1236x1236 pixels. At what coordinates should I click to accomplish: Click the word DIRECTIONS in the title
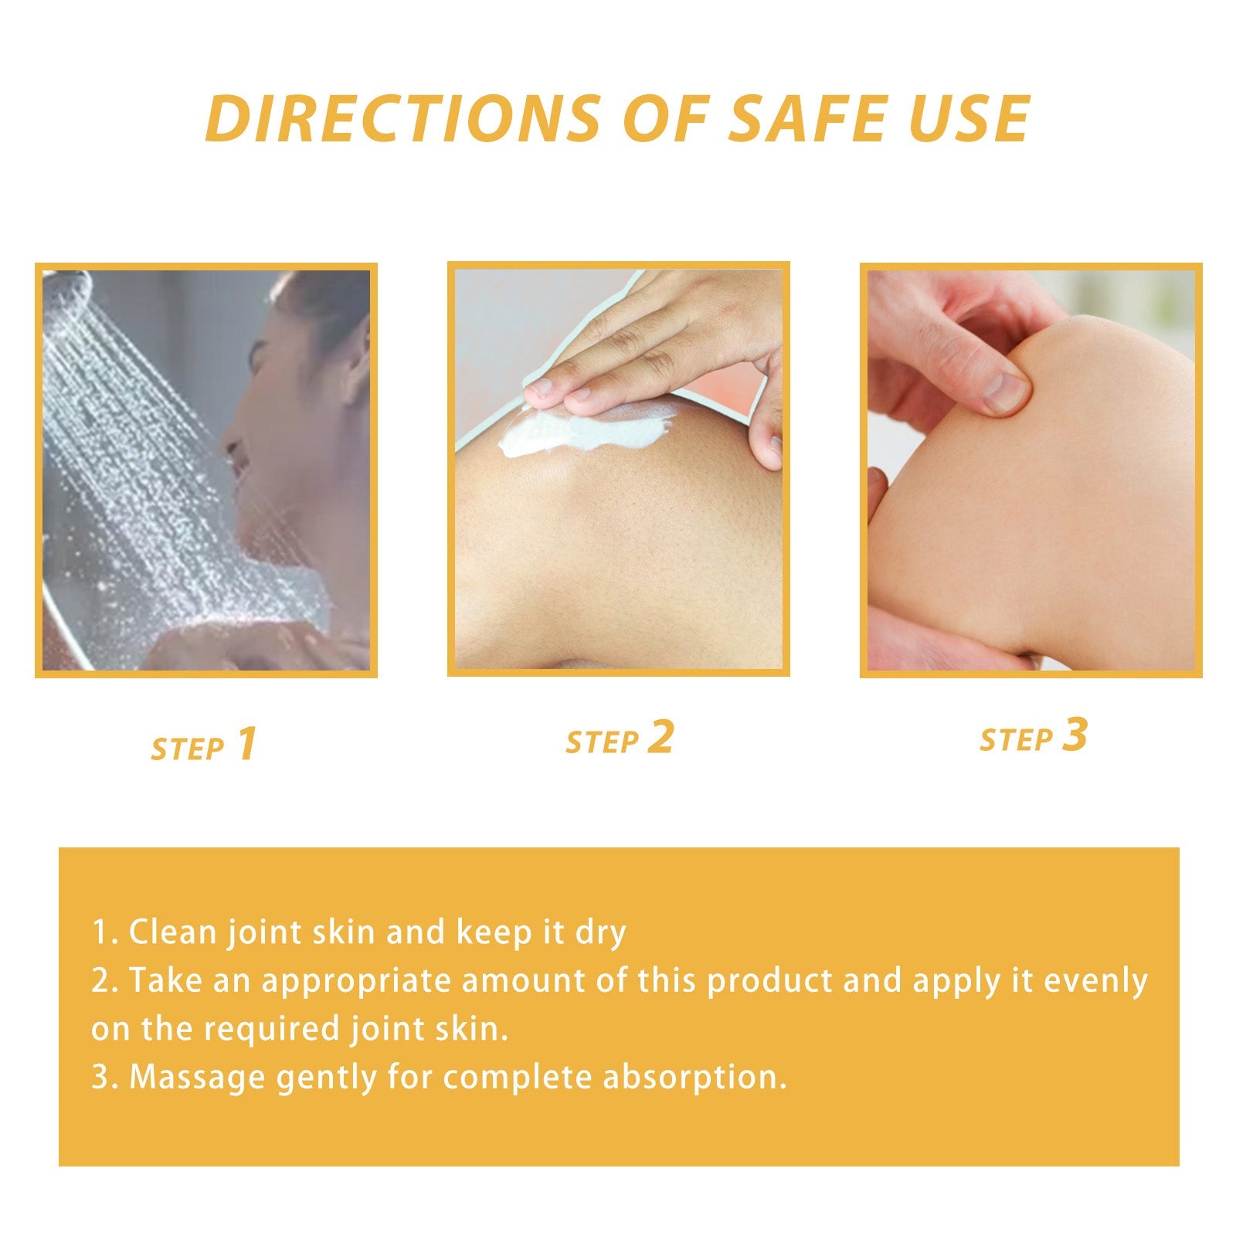[402, 119]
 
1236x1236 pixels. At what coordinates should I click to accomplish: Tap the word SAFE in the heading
[808, 119]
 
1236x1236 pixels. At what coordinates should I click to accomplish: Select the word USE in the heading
[969, 119]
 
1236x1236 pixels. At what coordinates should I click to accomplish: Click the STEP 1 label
[204, 745]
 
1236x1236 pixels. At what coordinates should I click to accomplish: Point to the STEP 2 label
[620, 738]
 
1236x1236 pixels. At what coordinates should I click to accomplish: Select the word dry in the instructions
[600, 933]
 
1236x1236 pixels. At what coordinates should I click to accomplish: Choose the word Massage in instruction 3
[197, 1078]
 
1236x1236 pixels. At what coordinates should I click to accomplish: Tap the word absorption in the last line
[694, 1078]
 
